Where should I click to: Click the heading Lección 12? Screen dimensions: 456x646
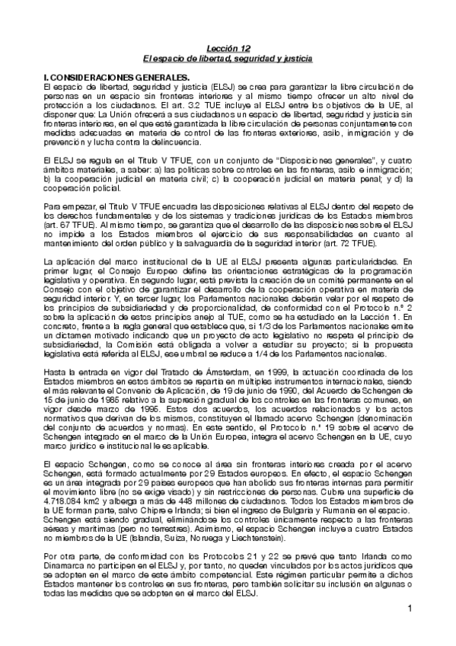tap(228, 48)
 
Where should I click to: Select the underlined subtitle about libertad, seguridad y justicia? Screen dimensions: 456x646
tap(228, 58)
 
